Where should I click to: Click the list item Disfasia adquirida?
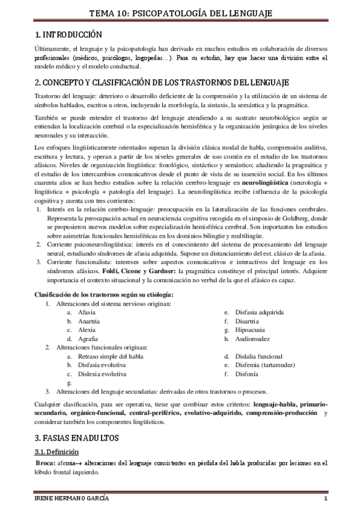pyautogui.click(x=259, y=313)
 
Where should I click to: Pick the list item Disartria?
pyautogui.click(x=247, y=322)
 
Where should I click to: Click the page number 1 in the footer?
pyautogui.click(x=325, y=500)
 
